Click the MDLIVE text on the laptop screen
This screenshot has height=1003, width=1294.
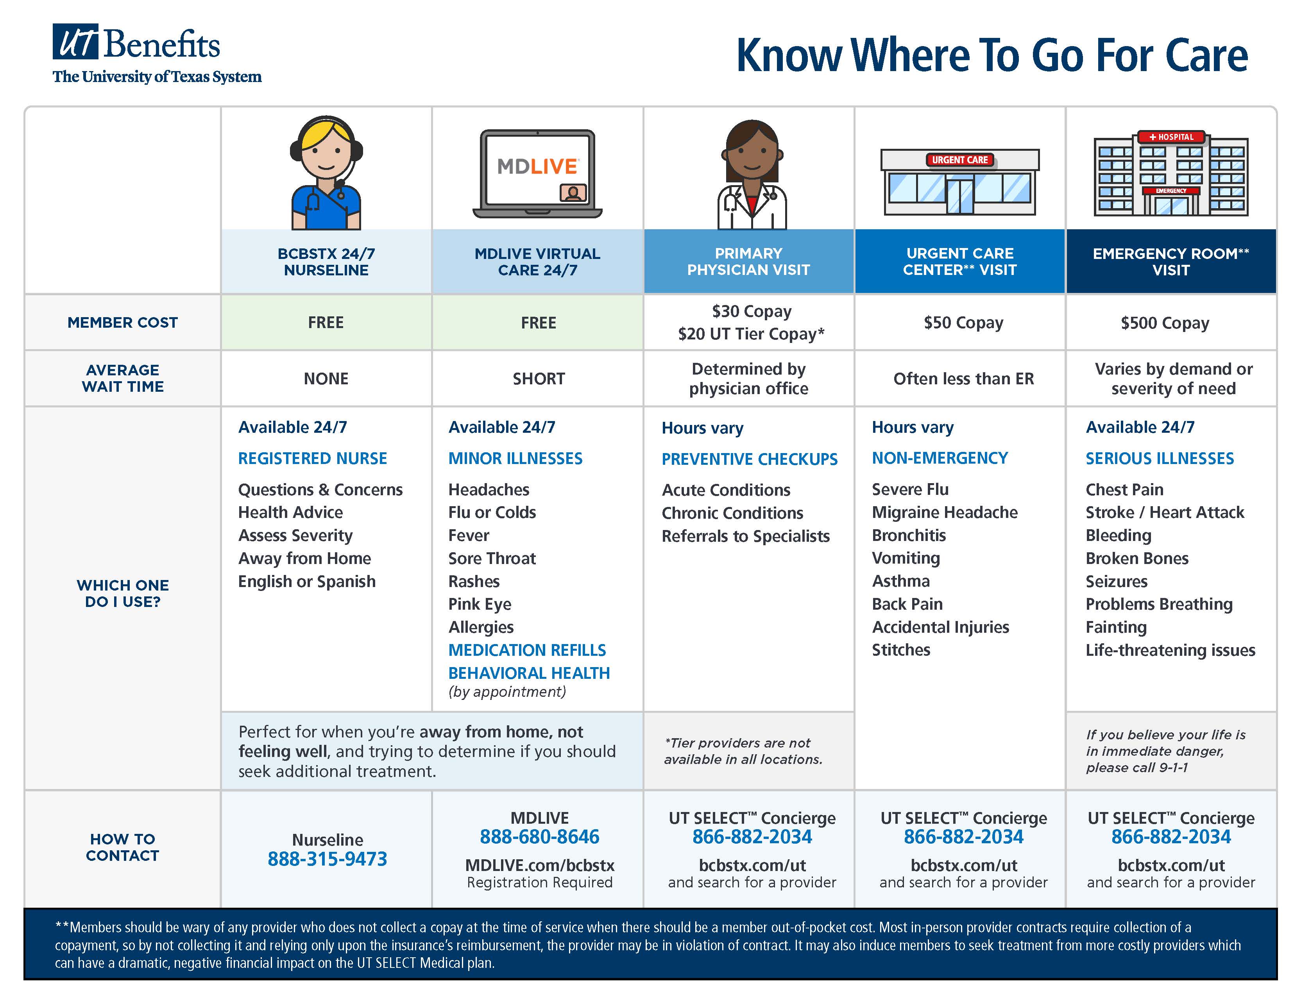coord(537,166)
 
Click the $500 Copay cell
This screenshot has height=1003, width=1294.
coord(1164,323)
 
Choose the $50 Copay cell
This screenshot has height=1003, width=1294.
coord(963,323)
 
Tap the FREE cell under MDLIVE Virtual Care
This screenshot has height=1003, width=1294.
coord(538,323)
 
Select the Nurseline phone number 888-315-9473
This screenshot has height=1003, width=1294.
coord(327,858)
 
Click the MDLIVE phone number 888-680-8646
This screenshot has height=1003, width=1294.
coord(539,837)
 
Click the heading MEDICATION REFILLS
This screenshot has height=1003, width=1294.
coord(527,650)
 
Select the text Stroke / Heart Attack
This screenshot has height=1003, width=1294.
coord(1164,512)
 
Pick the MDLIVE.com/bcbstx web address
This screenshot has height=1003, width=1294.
coord(539,865)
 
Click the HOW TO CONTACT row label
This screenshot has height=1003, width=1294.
coord(123,847)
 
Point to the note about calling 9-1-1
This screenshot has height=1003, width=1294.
coord(1165,751)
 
